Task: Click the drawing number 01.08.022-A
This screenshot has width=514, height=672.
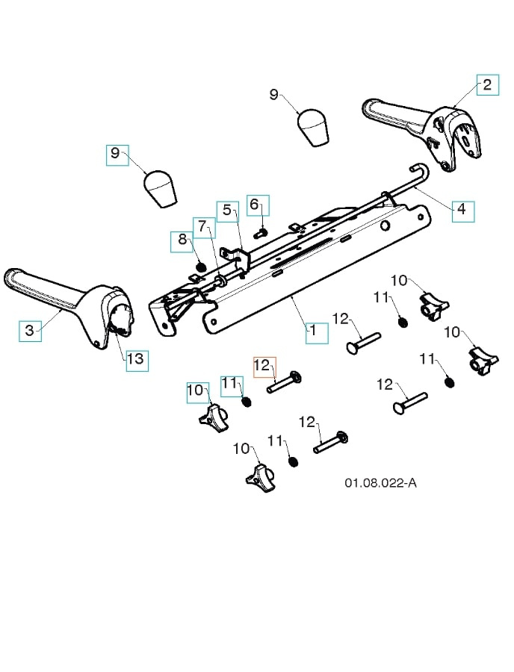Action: tap(380, 483)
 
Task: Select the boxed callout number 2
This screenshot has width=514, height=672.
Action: tap(486, 85)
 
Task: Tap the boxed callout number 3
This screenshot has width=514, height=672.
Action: tap(30, 331)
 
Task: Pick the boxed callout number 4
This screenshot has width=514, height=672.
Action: tap(462, 210)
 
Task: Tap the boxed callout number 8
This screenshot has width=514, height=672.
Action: tap(182, 241)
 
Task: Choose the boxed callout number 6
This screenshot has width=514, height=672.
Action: tap(255, 205)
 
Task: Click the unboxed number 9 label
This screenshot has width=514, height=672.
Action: tap(274, 94)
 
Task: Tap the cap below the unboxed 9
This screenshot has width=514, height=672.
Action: tap(313, 128)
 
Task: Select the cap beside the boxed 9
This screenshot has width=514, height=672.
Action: tap(160, 189)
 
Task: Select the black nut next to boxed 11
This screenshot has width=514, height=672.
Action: tap(247, 402)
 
